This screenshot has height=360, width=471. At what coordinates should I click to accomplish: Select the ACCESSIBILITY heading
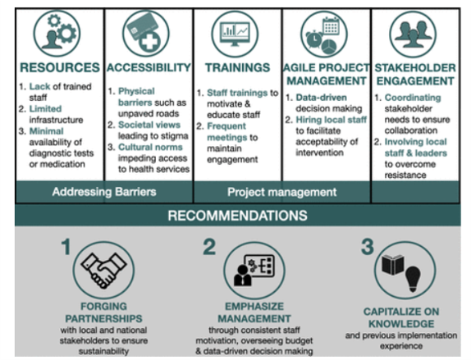pyautogui.click(x=149, y=67)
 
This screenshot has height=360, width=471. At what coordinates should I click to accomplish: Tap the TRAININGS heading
pyautogui.click(x=236, y=67)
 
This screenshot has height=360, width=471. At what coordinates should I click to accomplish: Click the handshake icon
pyautogui.click(x=103, y=270)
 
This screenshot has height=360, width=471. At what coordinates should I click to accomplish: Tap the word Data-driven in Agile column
pyautogui.click(x=327, y=97)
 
